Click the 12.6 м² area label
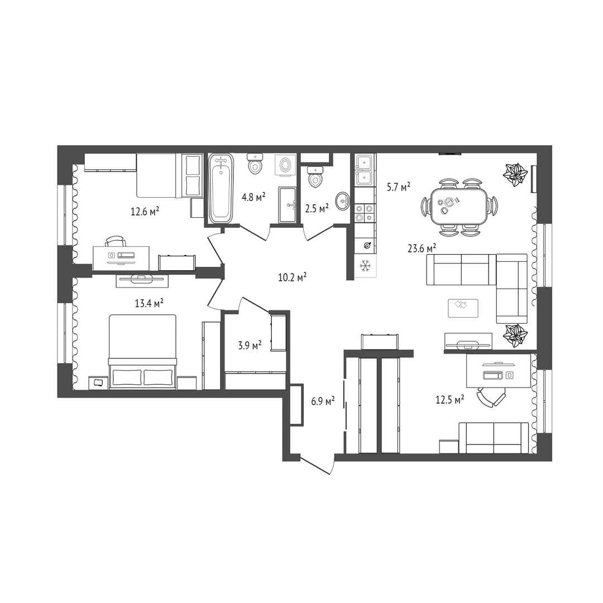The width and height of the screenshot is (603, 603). pyautogui.click(x=145, y=211)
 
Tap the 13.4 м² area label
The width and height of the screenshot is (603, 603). pyautogui.click(x=149, y=303)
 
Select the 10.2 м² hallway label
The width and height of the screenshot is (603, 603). pyautogui.click(x=292, y=277)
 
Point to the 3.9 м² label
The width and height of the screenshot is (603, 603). pyautogui.click(x=250, y=345)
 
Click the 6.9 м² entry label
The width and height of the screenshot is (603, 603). pyautogui.click(x=323, y=401)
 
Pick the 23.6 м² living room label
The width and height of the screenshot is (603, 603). pyautogui.click(x=422, y=248)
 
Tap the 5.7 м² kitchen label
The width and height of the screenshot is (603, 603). pyautogui.click(x=399, y=187)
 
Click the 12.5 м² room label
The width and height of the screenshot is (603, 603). pyautogui.click(x=449, y=400)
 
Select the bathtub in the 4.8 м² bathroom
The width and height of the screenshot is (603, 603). pyautogui.click(x=221, y=189)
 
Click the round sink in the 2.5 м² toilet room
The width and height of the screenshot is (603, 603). pyautogui.click(x=342, y=201)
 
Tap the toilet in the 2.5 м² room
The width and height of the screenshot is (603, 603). pyautogui.click(x=315, y=176)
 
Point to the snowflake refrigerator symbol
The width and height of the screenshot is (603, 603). pyautogui.click(x=365, y=265)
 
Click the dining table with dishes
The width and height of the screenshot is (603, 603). pyautogui.click(x=459, y=206)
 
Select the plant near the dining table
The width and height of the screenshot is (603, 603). pyautogui.click(x=515, y=174)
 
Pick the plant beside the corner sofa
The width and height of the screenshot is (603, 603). pyautogui.click(x=515, y=336)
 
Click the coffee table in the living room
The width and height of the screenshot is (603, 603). pyautogui.click(x=463, y=308)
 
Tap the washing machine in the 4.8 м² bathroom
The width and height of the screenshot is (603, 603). pyautogui.click(x=285, y=165)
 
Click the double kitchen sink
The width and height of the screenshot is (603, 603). pyautogui.click(x=363, y=170)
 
